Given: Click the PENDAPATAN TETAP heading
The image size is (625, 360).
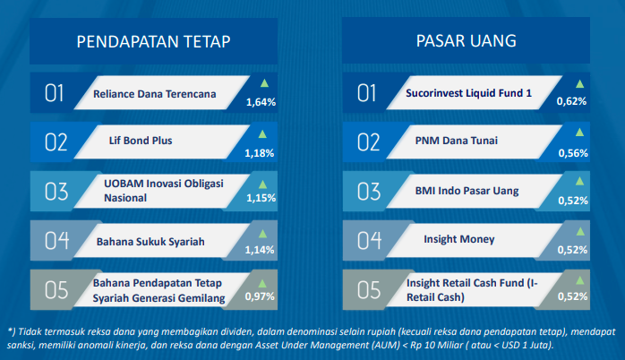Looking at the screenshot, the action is [x=153, y=41].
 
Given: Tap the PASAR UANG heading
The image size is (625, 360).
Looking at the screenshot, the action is [x=466, y=40].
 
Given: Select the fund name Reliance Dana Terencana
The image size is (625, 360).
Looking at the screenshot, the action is [x=155, y=94].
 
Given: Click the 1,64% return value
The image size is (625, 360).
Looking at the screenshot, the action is [x=261, y=102].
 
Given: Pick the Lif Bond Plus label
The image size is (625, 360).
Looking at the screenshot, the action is [x=141, y=141].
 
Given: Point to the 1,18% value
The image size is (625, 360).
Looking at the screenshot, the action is [x=260, y=153].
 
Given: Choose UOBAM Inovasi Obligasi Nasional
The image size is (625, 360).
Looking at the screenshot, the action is [x=164, y=191].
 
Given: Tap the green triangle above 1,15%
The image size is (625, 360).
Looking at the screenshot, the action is [x=262, y=184].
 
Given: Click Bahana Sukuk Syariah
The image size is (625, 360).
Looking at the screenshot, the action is [x=150, y=242].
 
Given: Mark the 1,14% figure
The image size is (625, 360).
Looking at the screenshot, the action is [x=260, y=250].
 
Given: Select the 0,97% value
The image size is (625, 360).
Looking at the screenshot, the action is [x=260, y=296].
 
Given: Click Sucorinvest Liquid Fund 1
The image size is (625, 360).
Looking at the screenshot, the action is [x=469, y=93].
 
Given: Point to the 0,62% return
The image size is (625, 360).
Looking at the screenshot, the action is [x=571, y=101].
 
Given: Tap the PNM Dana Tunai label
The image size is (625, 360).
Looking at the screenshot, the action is [x=457, y=141].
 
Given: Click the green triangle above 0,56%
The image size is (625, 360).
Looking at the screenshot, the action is [x=579, y=133].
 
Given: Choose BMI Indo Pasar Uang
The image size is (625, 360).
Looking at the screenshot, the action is [x=467, y=191].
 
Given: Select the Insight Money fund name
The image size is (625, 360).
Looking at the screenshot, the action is [x=459, y=239].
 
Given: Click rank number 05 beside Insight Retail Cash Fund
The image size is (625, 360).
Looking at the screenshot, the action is [x=369, y=290].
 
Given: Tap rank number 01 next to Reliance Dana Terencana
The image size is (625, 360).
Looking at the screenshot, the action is [x=55, y=94].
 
